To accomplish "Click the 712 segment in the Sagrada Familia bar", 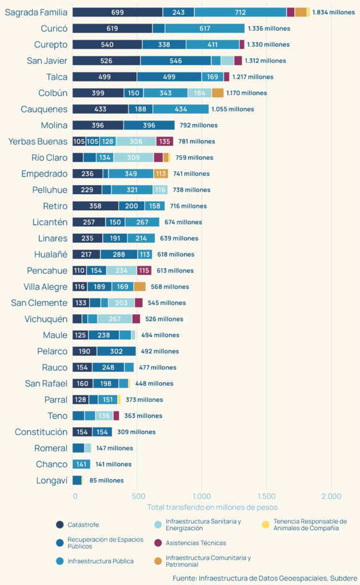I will coord(240,12).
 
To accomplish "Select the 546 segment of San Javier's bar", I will coord(175,61).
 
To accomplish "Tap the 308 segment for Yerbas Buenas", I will coord(136,142).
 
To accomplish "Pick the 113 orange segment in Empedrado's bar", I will coord(161,174).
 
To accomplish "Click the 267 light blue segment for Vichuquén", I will coord(114,319).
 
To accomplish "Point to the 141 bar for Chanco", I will coord(81,464).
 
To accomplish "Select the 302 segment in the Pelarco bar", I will coord(117,351).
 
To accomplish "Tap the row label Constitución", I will coord(41,432).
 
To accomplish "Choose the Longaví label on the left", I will coord(51,480).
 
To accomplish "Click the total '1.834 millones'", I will coord(333,12).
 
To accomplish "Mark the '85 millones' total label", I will coord(106,480).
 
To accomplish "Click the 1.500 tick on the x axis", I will coord(267,496).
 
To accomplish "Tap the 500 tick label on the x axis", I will coord(137,496).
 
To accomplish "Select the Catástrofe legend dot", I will coord(59,524).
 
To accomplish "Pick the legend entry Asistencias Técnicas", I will coord(195,543).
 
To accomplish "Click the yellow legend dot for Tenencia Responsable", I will coord(265,524).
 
